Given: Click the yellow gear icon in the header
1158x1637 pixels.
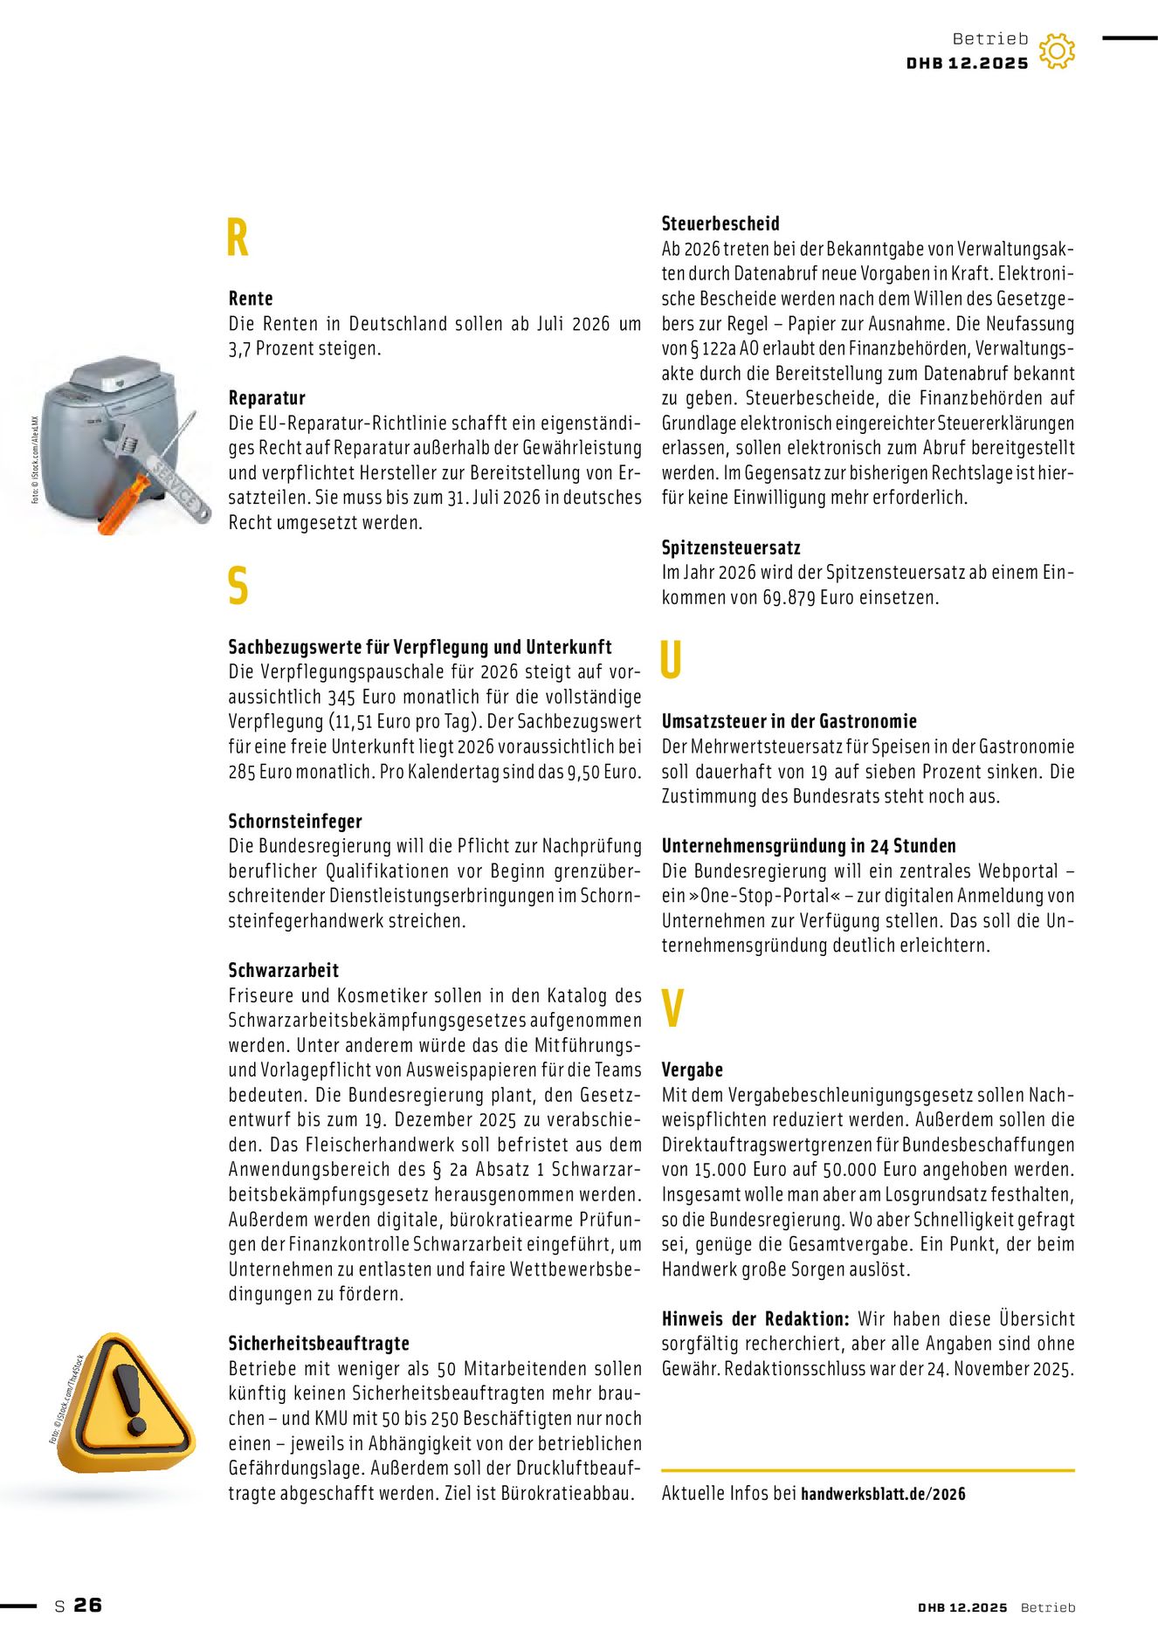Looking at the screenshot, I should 1057,52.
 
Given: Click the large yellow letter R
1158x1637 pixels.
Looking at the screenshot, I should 238,237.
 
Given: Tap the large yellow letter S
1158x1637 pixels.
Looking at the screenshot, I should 238,586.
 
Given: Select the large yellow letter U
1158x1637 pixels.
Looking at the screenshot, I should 670,660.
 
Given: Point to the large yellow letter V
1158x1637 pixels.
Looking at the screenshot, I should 672,1008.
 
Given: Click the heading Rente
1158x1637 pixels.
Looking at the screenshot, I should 251,299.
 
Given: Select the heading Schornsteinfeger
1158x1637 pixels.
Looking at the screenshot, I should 295,821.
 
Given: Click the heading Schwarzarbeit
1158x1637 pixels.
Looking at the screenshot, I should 284,970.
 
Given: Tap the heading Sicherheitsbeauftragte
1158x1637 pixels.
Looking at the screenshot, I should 319,1343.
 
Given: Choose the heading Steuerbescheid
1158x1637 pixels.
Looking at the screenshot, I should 720,224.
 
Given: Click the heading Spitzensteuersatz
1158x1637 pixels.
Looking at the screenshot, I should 731,547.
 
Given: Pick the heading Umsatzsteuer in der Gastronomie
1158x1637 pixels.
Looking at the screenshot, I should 789,721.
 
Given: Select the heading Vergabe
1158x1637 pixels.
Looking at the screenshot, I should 693,1070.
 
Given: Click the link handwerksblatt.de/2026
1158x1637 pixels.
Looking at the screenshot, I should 883,1494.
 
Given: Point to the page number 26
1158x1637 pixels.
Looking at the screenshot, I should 87,1605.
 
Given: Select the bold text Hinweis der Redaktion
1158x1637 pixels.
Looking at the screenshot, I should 755,1318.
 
